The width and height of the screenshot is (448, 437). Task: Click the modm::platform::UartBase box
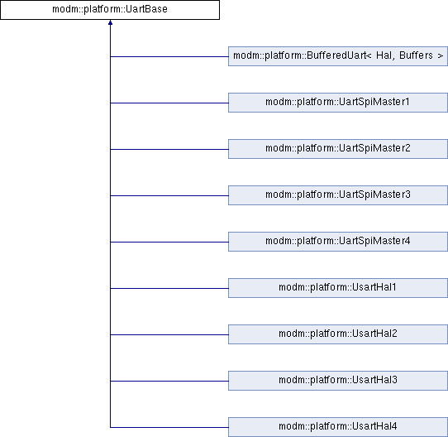coord(110,10)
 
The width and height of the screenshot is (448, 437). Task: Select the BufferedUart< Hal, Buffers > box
coord(338,56)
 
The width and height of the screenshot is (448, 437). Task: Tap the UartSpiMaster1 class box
coord(338,103)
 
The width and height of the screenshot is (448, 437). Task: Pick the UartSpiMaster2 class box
coord(338,149)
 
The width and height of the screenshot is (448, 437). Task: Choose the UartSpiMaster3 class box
coord(338,195)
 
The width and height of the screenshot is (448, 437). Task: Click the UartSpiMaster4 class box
coord(338,242)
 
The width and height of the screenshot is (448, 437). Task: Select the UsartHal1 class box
coord(338,288)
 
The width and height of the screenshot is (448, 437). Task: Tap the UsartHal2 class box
coord(338,334)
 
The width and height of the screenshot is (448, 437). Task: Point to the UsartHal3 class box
coord(338,381)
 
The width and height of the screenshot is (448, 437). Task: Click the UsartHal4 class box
coord(338,427)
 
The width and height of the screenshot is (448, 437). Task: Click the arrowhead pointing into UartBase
coord(110,22)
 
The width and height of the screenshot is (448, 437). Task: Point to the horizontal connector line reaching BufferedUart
coord(169,56)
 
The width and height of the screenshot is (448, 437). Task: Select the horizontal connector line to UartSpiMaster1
coord(169,103)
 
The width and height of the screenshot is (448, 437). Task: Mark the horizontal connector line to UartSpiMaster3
coord(169,196)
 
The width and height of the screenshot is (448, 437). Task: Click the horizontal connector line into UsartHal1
coord(169,289)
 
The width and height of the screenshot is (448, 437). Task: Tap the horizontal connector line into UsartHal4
coord(169,428)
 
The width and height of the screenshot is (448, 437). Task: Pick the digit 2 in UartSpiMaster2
coord(407,148)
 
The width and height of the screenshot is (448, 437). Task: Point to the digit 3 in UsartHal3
coord(394,380)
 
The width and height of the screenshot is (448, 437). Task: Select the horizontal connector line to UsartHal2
coord(169,335)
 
